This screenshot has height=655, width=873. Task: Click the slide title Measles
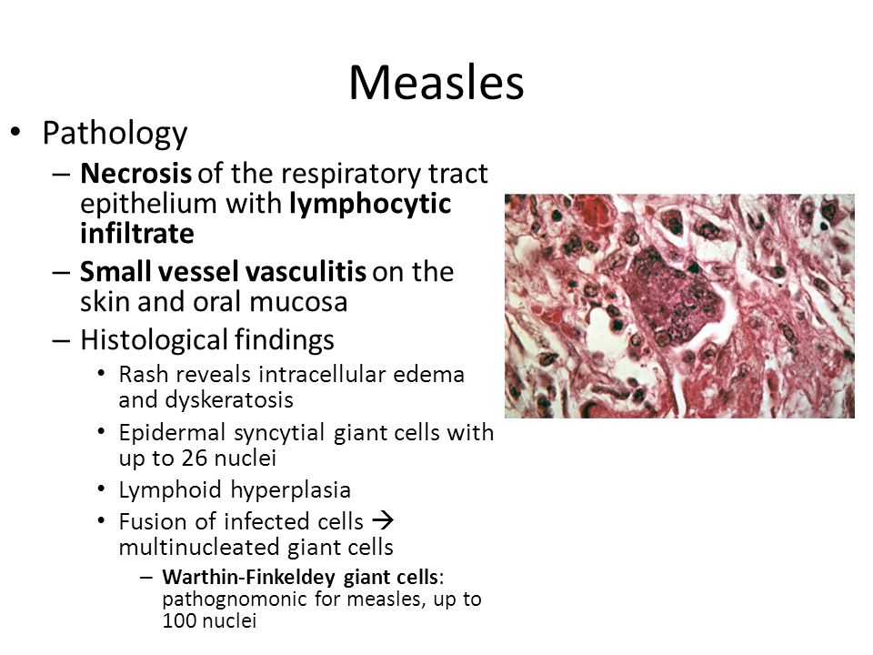point(436,83)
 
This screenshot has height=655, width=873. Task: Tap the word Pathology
point(115,135)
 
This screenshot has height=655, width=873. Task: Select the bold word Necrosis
point(135,173)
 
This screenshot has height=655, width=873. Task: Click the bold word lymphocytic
point(370,205)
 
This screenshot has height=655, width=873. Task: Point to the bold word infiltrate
point(137,233)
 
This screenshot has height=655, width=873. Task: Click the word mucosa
point(298,302)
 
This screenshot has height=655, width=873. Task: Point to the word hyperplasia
point(290,490)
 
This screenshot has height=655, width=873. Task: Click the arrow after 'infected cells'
point(383,520)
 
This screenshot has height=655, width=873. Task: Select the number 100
point(178,620)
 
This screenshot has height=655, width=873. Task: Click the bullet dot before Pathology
point(15,132)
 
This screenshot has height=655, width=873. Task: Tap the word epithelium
point(149,204)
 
